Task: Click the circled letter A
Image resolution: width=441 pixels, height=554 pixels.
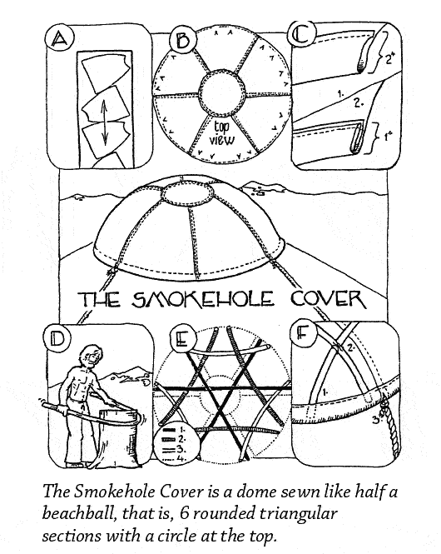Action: click(59, 38)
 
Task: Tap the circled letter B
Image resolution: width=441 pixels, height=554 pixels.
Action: click(182, 39)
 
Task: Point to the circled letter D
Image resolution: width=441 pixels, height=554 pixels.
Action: click(57, 339)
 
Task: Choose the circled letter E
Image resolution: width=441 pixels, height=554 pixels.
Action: click(183, 340)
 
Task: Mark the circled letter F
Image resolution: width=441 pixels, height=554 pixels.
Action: click(302, 332)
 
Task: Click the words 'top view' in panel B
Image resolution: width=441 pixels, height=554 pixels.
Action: click(222, 133)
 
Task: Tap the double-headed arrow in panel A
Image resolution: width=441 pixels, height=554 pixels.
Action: click(105, 122)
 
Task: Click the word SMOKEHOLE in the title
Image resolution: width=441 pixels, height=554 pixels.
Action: click(202, 300)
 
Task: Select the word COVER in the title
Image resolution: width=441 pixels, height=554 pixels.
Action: click(327, 300)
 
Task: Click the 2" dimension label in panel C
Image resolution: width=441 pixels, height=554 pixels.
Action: click(389, 58)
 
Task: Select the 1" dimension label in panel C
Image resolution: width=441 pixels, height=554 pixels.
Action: click(388, 137)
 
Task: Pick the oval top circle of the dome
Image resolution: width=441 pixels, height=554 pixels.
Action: click(186, 192)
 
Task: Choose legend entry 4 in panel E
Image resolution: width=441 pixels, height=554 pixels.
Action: click(174, 459)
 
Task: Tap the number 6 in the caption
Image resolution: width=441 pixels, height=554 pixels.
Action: click(183, 512)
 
